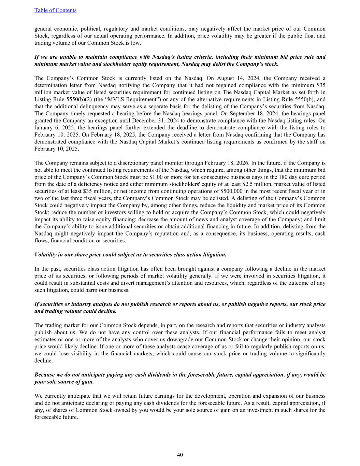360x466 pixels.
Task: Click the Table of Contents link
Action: click(55, 10)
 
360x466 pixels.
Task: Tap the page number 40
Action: click(180, 455)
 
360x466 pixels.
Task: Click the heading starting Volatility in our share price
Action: click(130, 255)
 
